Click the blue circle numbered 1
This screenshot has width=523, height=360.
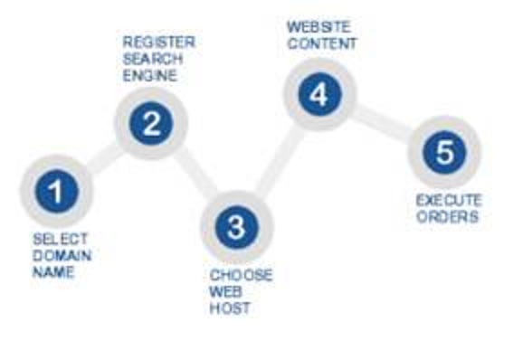point(56,191)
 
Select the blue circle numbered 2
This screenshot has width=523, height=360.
point(151,124)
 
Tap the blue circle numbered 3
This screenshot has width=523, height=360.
point(235,227)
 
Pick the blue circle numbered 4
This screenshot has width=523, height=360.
point(319,95)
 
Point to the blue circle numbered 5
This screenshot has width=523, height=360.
point(443,151)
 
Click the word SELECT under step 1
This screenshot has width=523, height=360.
point(60,240)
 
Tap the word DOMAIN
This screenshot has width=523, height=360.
point(62,255)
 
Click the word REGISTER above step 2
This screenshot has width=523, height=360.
point(158,43)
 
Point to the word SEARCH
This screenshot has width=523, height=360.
point(153,59)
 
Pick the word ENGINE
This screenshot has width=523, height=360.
point(150,75)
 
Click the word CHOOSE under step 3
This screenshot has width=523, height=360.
point(241,275)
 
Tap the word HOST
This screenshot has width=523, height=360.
point(230,308)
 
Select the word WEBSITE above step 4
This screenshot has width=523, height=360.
point(318,27)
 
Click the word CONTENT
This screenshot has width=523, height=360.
point(322,43)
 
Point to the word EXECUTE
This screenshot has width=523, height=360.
point(448,200)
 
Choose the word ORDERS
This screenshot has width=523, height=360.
point(447,216)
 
